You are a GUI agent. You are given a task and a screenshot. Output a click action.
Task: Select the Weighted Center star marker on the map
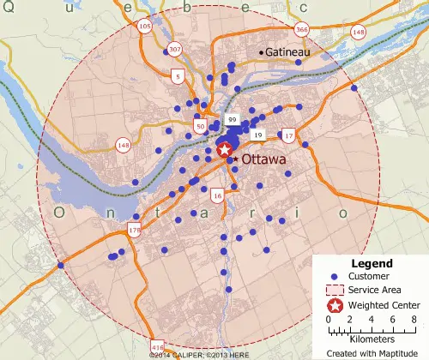(x=226, y=150)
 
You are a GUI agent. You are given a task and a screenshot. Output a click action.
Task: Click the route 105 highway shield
(x=144, y=27)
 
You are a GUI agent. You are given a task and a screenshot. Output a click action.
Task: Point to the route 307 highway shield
(x=175, y=49)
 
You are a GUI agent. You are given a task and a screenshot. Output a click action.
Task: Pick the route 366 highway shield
(x=302, y=30)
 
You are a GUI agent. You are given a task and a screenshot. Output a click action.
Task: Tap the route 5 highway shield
(x=178, y=77)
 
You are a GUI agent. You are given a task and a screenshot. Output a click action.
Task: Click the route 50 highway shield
(x=201, y=127)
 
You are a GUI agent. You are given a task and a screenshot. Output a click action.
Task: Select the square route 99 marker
(x=232, y=118)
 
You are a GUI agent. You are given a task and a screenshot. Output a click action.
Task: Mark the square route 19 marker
(x=257, y=135)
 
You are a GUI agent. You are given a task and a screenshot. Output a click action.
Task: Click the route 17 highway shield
(x=288, y=136)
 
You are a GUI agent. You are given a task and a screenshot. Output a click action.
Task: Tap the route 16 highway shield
(x=217, y=196)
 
